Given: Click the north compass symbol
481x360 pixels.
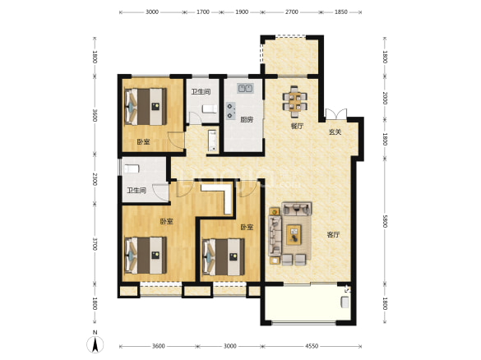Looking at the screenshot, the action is tap(95, 343).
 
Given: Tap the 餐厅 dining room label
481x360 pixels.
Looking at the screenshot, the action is tap(297, 126).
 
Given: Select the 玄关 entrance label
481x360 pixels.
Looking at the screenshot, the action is tap(335, 132).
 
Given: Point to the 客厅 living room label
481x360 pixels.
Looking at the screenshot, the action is tap(333, 235).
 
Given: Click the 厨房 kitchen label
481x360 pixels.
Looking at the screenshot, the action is tap(247, 120).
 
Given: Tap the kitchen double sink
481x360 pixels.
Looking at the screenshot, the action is tap(245, 88).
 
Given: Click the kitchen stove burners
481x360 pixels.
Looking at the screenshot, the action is tap(230, 111).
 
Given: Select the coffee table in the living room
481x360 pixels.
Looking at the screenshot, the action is tap(294, 234).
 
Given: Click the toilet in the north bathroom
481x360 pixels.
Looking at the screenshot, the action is tap(210, 108).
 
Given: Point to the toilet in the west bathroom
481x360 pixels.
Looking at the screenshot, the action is tap(132, 168).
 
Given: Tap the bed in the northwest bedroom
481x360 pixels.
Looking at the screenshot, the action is tap(146, 106).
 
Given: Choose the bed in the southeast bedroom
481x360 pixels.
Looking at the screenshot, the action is tap(224, 257).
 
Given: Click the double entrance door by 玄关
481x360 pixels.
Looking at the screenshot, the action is tap(336, 113).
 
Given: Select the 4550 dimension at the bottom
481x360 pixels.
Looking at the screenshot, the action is tap(312, 346).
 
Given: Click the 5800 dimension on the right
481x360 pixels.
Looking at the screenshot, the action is tap(385, 221).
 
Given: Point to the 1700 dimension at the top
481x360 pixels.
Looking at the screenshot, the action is tap(203, 12).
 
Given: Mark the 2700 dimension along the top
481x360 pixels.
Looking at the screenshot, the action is tap(291, 12).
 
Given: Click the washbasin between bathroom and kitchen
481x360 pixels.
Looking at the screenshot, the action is tap(212, 141).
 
